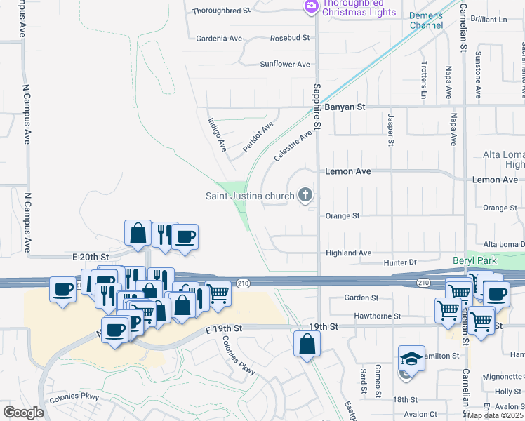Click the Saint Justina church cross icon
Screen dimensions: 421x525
point(305,194)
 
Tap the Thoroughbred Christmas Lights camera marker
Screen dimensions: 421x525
point(311,6)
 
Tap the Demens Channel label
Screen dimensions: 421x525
point(427,20)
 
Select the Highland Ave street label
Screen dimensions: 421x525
point(348,253)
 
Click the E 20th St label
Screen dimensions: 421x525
point(91,258)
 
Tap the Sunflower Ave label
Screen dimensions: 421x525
point(285,64)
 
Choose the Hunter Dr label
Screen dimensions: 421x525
point(401,262)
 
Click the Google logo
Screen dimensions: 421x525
point(24,413)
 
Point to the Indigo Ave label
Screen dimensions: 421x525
point(217,135)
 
